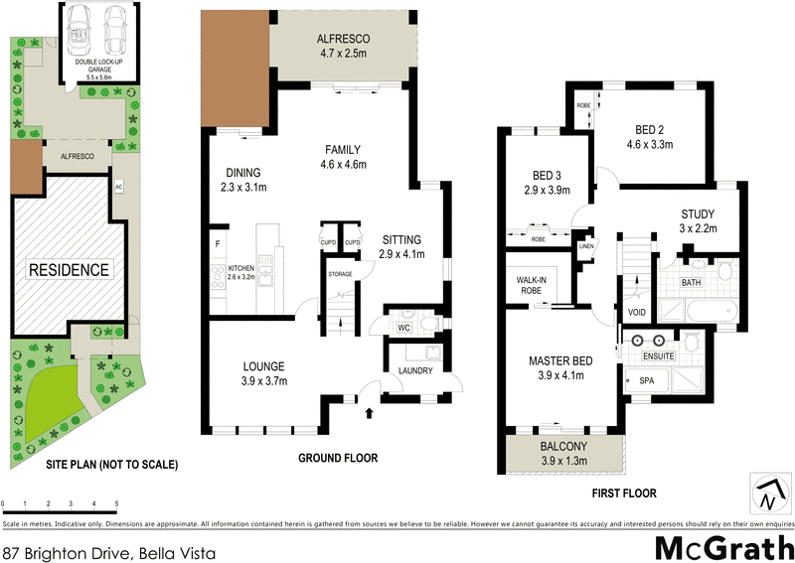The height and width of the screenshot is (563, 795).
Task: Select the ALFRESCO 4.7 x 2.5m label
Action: [x=343, y=47]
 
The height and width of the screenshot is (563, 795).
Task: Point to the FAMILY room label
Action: [x=342, y=157]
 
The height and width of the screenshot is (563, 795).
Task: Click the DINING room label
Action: [x=242, y=179]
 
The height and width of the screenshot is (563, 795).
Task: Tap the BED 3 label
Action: [x=546, y=183]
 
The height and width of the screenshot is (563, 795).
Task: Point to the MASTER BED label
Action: [x=560, y=368]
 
